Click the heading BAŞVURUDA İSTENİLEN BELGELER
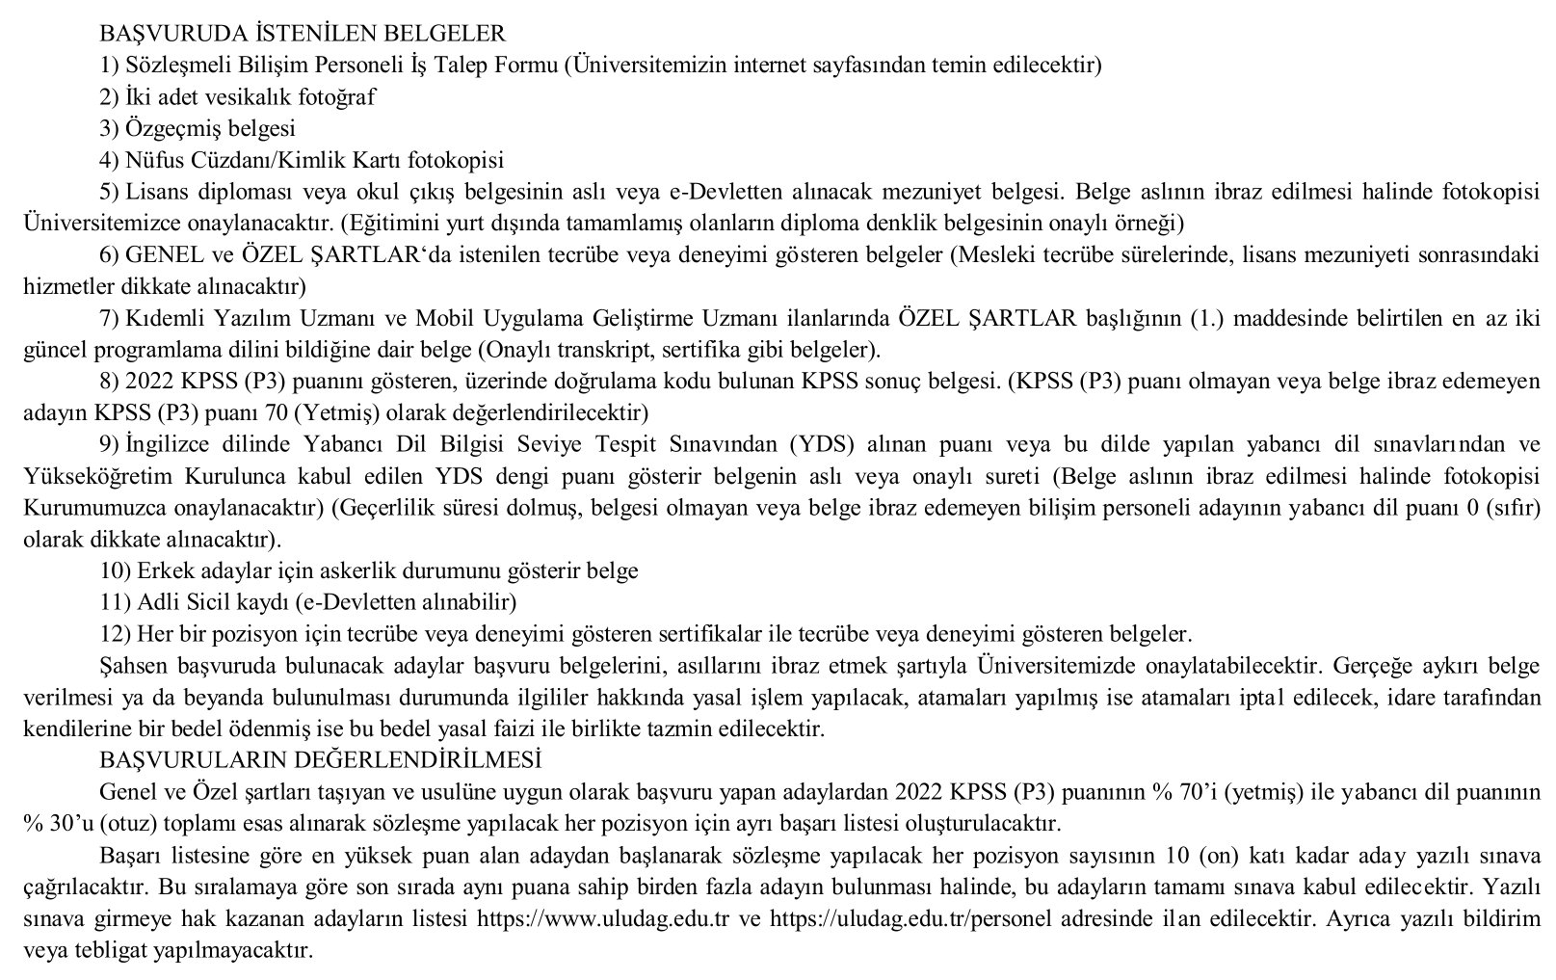coord(302,34)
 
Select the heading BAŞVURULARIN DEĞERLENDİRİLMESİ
coord(320,760)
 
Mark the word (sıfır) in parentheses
coord(1513,508)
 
